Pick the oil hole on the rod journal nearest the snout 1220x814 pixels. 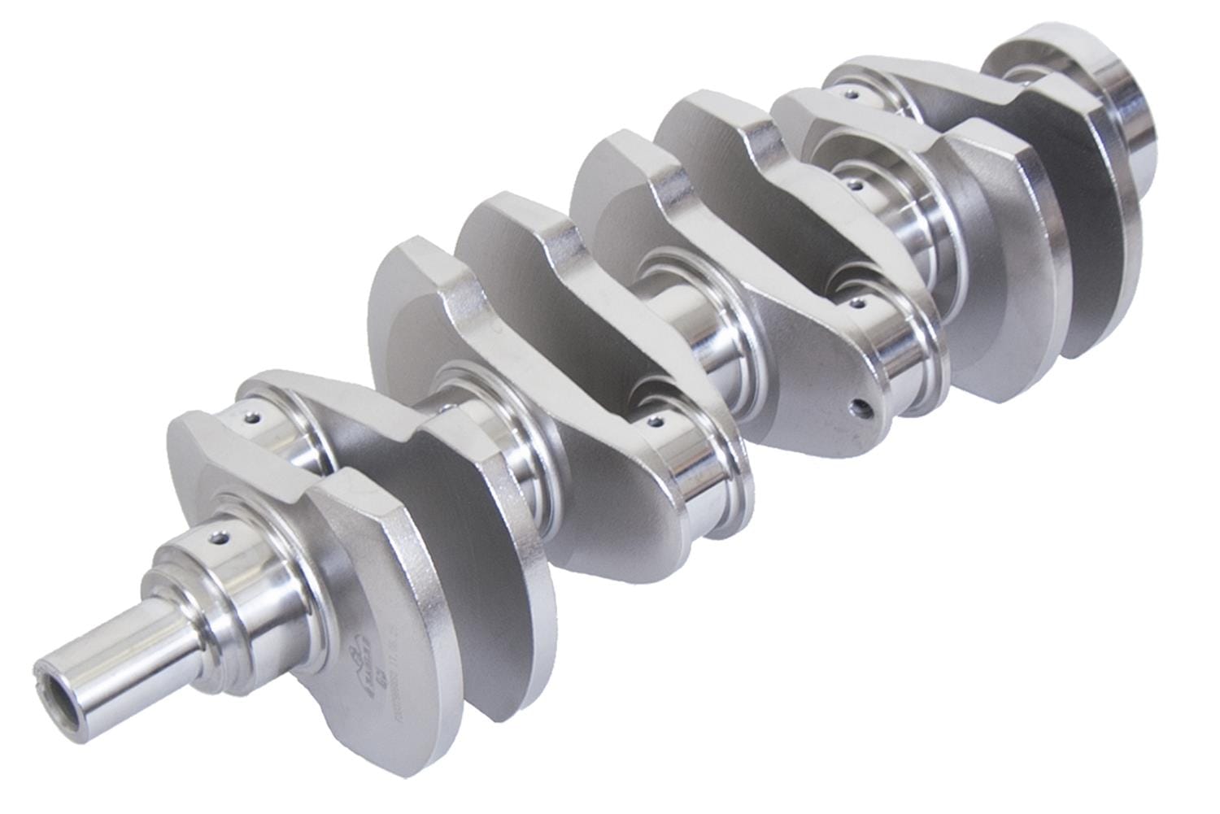click(x=255, y=420)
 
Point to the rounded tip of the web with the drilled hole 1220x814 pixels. click(x=854, y=431)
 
